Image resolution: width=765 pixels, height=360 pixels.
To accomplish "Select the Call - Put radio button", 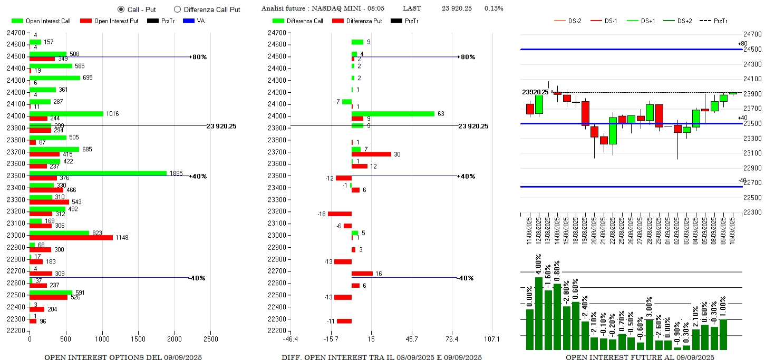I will pos(121,9).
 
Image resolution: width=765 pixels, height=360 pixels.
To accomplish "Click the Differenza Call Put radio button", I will pos(177,9).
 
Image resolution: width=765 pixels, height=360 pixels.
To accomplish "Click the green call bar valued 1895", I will pos(98,173).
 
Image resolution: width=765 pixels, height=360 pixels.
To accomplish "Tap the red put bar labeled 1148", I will pos(71,237).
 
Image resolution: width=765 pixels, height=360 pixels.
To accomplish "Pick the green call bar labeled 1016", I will pos(66,113).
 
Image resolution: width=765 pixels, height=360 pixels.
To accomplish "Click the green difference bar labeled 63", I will pos(393,113).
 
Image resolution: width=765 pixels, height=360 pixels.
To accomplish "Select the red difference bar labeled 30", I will pos(371,154).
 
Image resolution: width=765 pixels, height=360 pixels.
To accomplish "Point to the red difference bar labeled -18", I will pos(340,213).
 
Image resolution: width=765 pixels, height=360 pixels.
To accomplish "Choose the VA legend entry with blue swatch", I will pos(195,21).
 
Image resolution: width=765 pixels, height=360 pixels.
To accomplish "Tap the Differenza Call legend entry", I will pos(299,21).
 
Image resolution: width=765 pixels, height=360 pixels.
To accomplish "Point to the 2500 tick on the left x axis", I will pos(210,339).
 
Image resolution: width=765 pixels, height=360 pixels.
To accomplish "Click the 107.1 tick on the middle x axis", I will pos(492,339).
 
